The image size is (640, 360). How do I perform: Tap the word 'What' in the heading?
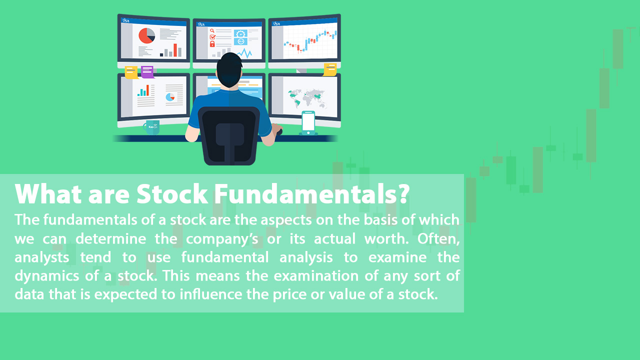point(45,194)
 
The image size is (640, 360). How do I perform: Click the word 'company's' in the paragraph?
point(222,238)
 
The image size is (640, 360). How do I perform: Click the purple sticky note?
point(147,72)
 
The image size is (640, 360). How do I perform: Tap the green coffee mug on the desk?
point(151,127)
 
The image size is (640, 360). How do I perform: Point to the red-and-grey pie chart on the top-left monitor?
point(146,36)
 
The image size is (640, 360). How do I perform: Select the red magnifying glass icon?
point(212,31)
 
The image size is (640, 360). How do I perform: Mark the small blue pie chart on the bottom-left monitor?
point(170,96)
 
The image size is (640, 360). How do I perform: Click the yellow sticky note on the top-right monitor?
point(330,69)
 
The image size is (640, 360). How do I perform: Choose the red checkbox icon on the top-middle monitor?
point(212,37)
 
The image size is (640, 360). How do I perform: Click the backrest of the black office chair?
point(229,135)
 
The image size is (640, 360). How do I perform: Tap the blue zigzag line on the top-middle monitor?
point(244,52)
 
